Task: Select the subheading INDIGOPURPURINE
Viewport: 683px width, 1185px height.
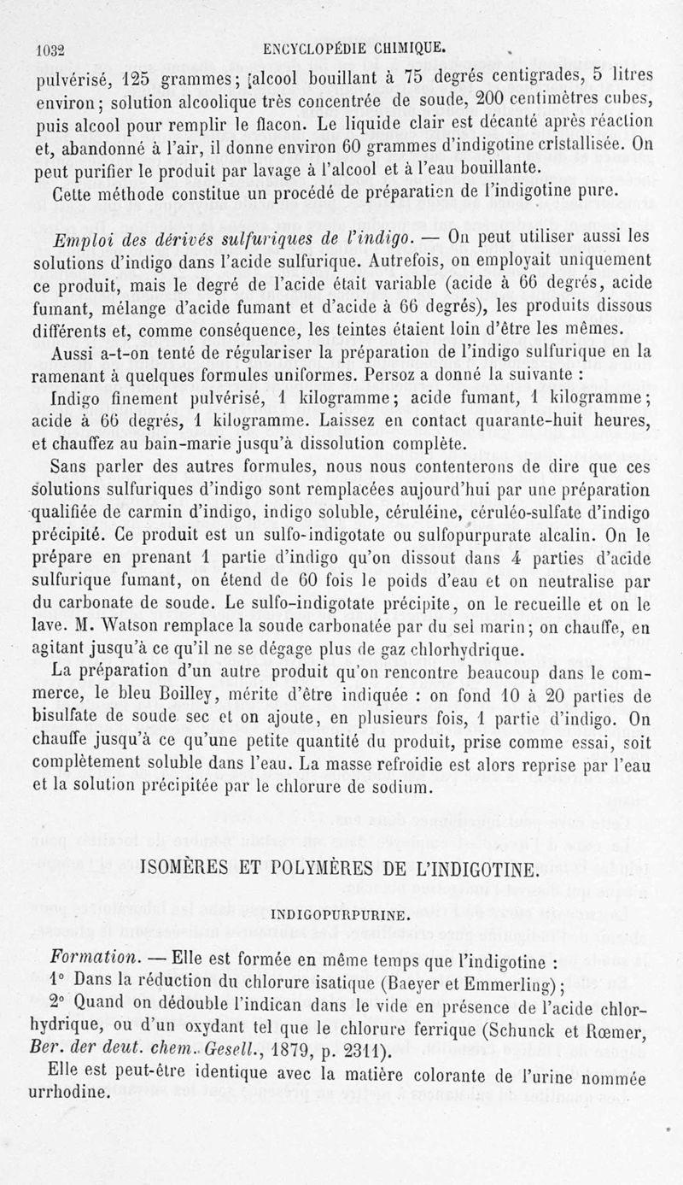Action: (x=341, y=914)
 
